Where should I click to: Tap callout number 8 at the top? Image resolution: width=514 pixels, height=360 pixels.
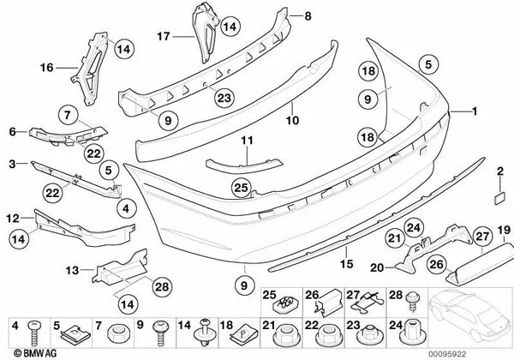[308, 15]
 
